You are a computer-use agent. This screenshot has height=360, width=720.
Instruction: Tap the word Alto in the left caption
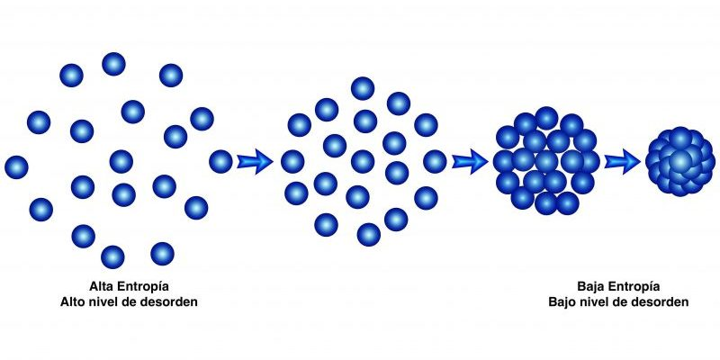72,302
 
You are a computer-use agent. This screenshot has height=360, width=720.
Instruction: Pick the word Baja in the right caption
589,287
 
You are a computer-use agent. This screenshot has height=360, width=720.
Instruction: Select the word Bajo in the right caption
560,302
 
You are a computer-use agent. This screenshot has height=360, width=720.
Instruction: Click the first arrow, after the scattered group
255,162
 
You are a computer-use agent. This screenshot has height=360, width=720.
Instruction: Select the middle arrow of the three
470,162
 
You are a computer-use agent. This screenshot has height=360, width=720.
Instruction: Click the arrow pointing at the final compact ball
622,162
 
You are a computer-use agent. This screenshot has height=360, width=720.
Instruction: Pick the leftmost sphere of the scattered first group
16,167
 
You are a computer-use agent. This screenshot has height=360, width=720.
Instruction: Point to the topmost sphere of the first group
114,64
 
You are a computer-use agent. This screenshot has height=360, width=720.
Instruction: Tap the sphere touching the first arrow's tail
220,162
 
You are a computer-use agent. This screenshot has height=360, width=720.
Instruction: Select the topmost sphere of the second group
363,88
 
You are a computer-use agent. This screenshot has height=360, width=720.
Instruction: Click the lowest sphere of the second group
369,235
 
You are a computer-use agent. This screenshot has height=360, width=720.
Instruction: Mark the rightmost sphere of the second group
435,162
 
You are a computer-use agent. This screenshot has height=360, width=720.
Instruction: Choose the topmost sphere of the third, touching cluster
546,118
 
